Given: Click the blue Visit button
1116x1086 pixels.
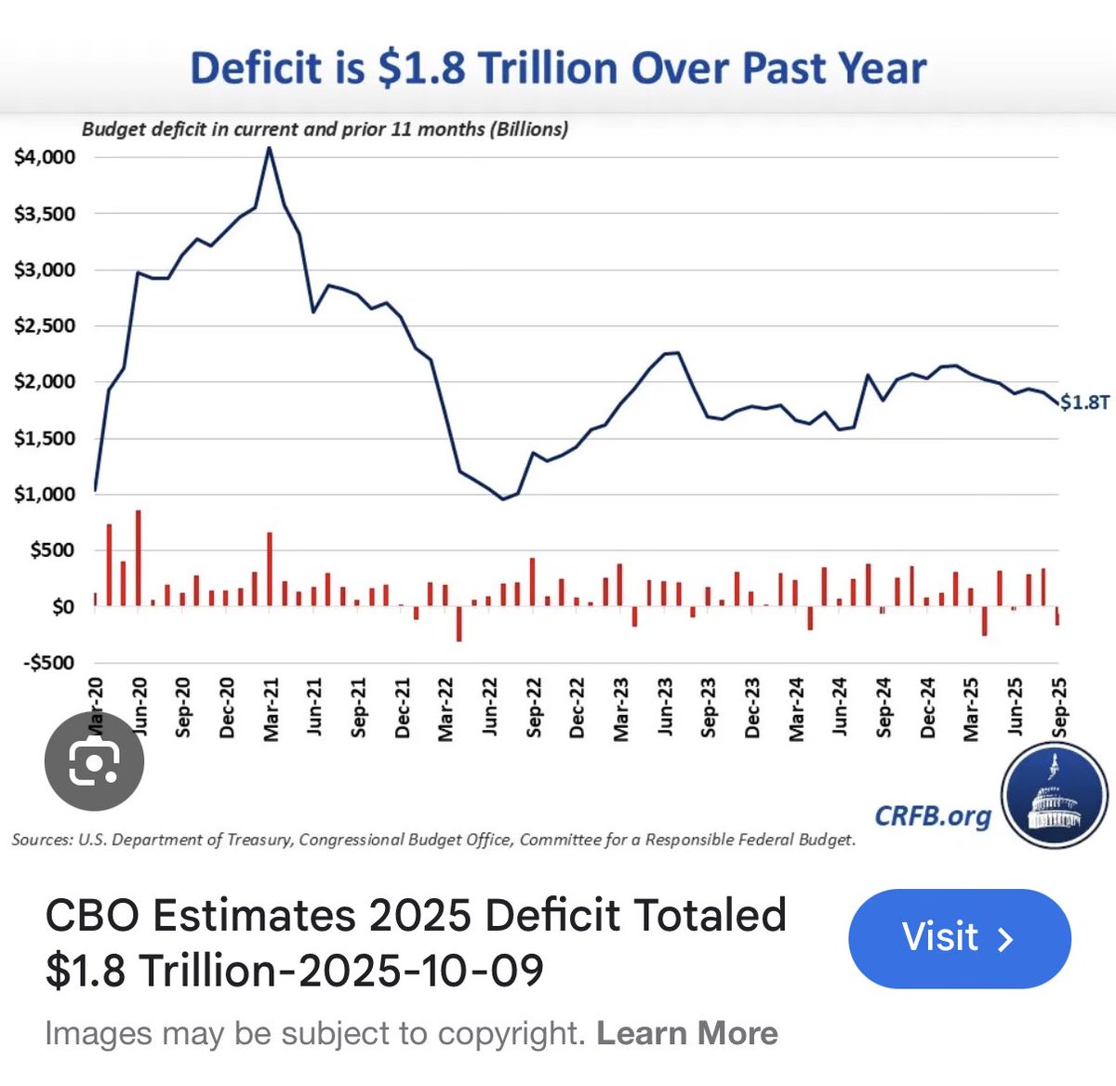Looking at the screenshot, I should pos(959,937).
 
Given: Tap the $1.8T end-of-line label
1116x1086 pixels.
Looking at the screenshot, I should pos(1084,402).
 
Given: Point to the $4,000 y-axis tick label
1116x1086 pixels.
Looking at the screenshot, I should pos(45,157).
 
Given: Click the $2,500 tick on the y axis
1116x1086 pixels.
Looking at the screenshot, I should pos(45,326).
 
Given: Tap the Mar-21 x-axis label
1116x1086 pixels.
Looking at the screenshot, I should pos(271,709).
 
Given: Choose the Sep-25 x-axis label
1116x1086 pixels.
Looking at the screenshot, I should pos(1058,708).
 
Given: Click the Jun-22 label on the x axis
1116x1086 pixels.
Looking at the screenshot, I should pos(490,709).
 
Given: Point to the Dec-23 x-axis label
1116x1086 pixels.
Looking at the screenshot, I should pos(752,709).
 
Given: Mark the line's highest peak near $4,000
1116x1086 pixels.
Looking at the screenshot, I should pos(270,149).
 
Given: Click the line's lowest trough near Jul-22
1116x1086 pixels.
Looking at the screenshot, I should pos(503,499).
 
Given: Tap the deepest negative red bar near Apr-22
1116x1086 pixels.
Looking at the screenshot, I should pos(458,624).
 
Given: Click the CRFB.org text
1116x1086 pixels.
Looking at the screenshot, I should pos(932,816).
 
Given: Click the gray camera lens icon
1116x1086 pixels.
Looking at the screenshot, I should pos(94,762).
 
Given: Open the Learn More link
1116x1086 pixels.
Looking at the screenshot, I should pos(686,1033).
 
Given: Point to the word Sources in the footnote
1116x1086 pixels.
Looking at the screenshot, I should pos(41,840).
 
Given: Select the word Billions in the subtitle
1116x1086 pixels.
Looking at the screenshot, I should pos(527,129).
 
